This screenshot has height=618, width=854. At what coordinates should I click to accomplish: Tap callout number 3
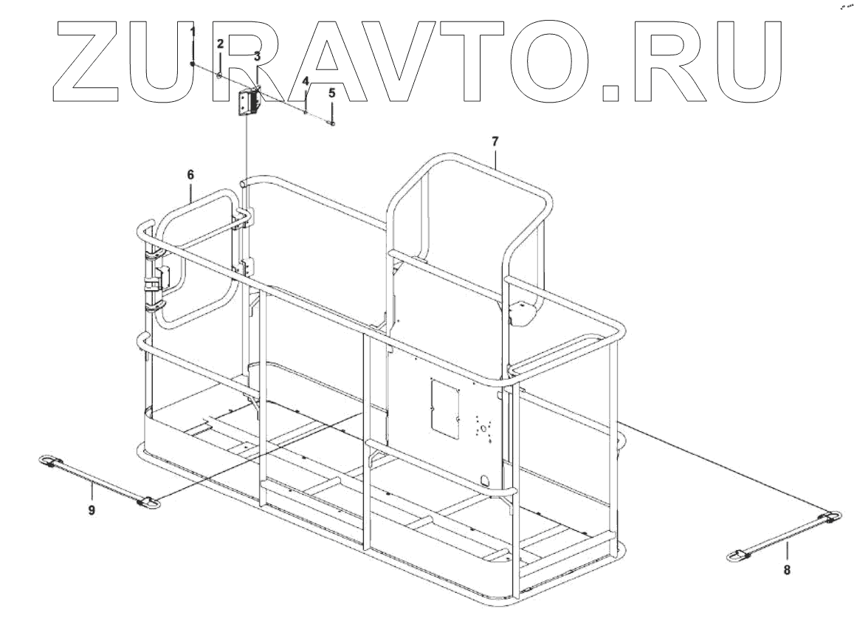click(257, 55)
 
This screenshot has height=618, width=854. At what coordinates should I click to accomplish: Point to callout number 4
click(305, 80)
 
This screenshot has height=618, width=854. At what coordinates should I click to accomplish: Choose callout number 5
click(331, 93)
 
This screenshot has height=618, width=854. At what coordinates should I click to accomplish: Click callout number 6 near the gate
click(190, 175)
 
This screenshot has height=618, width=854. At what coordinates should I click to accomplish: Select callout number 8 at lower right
click(787, 569)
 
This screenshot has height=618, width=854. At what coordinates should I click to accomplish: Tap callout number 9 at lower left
click(92, 509)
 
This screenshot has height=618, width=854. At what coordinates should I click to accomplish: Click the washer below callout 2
click(220, 75)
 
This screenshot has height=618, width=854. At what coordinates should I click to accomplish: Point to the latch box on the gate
click(164, 278)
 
